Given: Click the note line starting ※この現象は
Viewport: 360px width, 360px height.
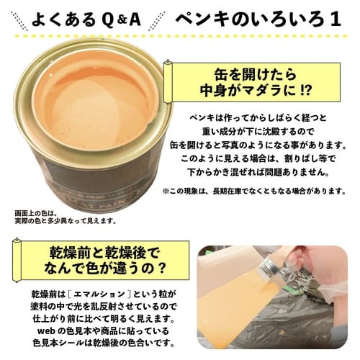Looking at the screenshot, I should [257, 191].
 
